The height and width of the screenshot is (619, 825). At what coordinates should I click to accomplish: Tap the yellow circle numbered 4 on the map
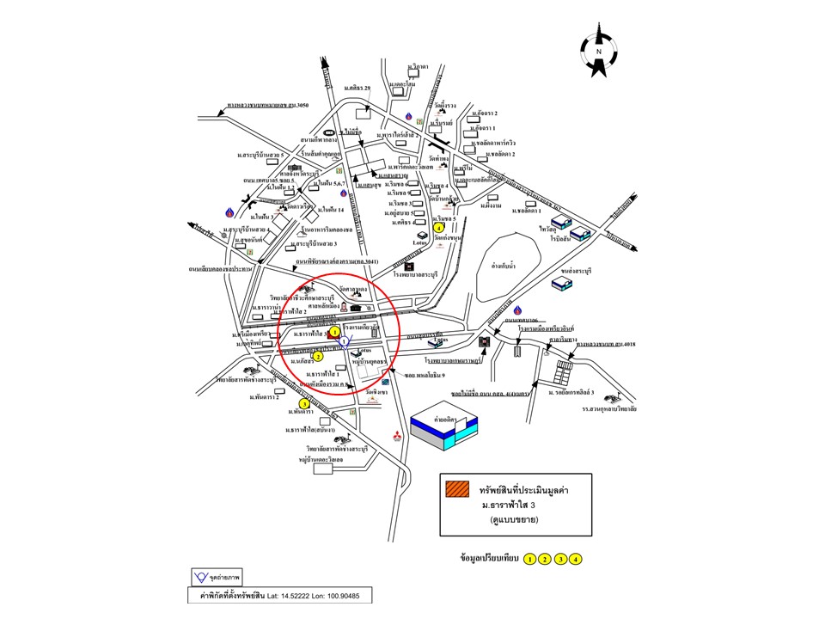coord(439,228)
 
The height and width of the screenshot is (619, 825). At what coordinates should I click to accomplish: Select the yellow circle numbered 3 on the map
coord(304,403)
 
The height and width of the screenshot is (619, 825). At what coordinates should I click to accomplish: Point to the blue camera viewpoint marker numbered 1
coord(344,342)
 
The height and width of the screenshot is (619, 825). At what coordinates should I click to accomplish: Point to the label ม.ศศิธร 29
coord(357,89)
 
